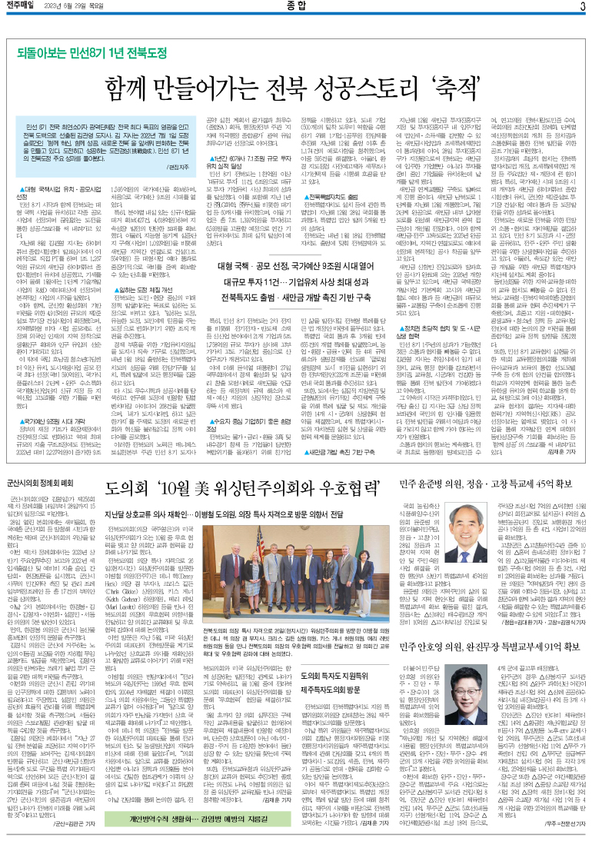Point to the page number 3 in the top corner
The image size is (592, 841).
[582, 7]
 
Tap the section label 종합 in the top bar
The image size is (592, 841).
[295, 7]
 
